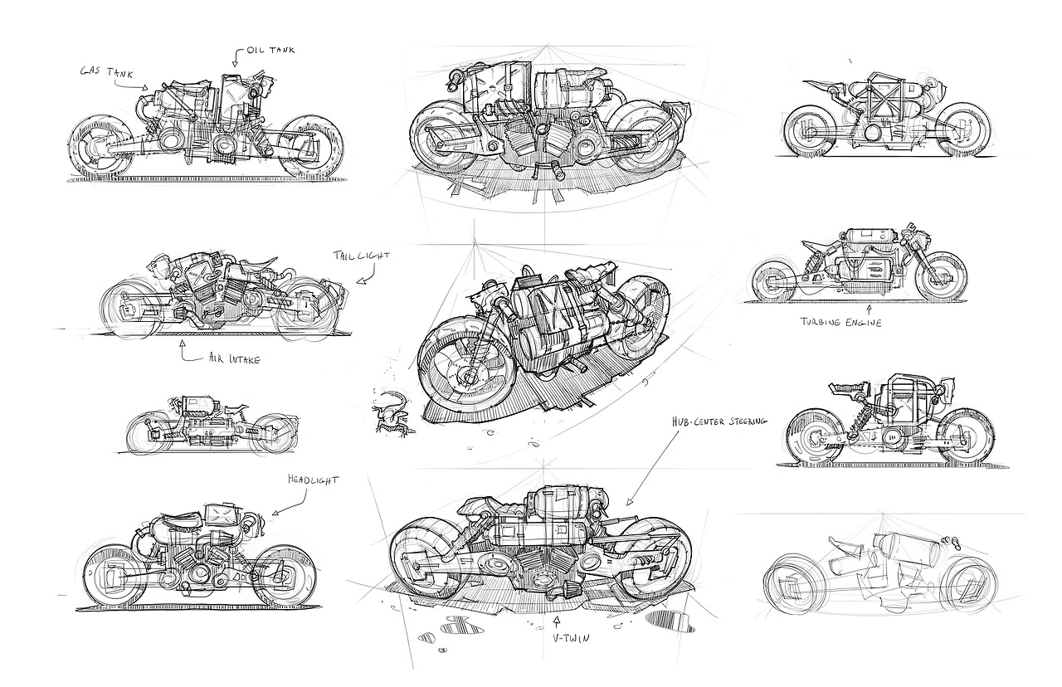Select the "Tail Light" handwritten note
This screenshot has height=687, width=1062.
[x=361, y=256]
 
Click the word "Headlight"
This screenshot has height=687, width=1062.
[x=314, y=480]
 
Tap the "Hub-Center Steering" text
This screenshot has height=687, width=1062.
[x=719, y=421]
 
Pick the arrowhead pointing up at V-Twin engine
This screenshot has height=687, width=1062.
[x=557, y=618]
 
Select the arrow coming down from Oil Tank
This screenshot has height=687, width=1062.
[x=235, y=58]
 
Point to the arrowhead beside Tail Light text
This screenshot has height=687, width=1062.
[x=358, y=282]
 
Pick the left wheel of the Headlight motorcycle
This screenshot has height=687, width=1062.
[x=114, y=575]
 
